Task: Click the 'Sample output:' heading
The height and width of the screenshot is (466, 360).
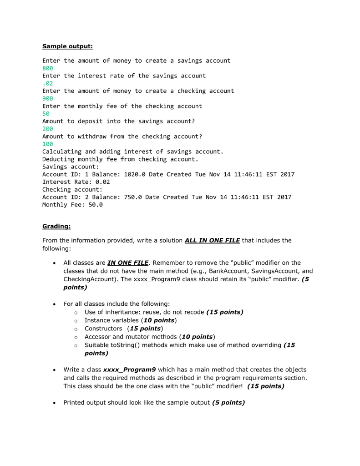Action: [67, 46]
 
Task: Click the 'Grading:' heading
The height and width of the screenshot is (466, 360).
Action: [56, 226]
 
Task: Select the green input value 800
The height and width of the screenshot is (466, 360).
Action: [48, 68]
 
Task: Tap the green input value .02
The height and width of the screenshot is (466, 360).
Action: [48, 83]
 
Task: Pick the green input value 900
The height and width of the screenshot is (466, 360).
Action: [48, 98]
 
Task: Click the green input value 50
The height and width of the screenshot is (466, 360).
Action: [46, 114]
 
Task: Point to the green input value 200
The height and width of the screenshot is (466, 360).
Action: [48, 129]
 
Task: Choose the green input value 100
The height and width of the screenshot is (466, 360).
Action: [48, 144]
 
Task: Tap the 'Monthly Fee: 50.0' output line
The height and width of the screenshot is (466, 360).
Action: [72, 205]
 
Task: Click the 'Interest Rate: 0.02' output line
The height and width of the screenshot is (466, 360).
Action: [76, 182]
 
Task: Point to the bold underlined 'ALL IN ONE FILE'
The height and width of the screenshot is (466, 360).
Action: [212, 240]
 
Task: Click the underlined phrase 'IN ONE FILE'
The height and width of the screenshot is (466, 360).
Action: [128, 263]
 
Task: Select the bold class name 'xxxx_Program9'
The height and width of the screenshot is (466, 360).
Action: [130, 370]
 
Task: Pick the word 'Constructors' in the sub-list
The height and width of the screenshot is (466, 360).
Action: [103, 329]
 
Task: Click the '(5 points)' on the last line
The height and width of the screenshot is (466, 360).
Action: [228, 402]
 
